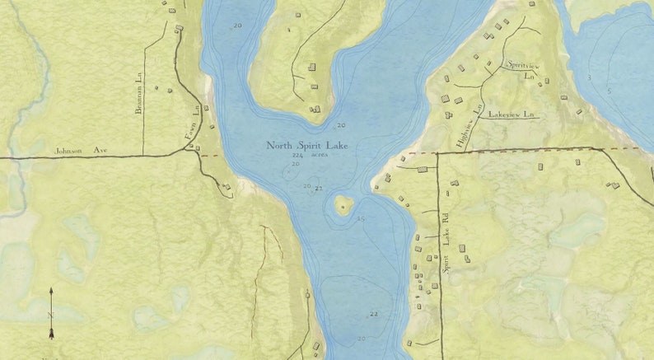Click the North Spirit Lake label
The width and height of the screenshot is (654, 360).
pyautogui.click(x=306, y=146)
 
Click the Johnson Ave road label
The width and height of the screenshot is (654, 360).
pyautogui.click(x=82, y=151)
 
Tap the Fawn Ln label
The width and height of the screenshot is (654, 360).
pyautogui.click(x=196, y=123)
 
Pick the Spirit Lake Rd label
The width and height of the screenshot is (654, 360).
pyautogui.click(x=446, y=255)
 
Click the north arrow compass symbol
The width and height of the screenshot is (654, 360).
pyautogui.click(x=51, y=313)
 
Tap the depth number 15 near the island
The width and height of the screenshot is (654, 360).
pyautogui.click(x=360, y=219)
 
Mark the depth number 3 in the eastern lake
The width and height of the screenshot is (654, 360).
pyautogui.click(x=589, y=77)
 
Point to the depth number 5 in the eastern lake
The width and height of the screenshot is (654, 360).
pyautogui.click(x=609, y=90)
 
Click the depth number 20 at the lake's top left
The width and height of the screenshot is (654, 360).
pyautogui.click(x=238, y=26)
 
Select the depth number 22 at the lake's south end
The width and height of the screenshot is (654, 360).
pyautogui.click(x=373, y=314)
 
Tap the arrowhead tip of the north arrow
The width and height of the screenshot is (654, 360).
pyautogui.click(x=51, y=289)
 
